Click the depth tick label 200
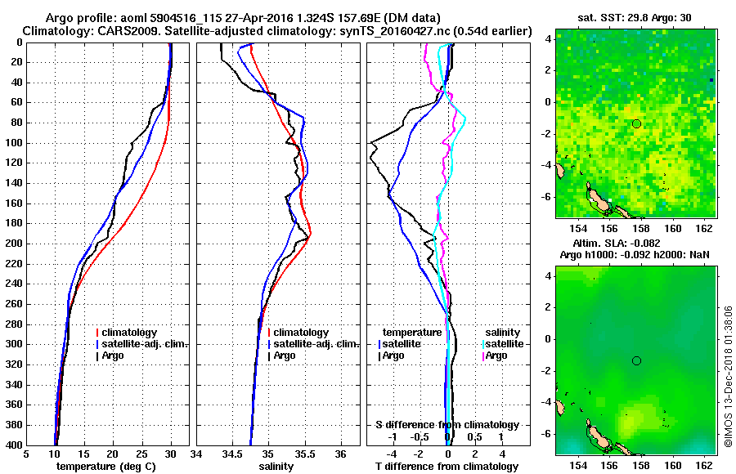pos(14,244)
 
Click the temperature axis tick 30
pos(170,454)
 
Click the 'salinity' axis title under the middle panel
pos(277,466)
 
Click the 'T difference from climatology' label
pos(447,466)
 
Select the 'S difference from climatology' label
pos(447,425)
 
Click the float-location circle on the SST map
pos(636,123)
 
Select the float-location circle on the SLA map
pos(636,360)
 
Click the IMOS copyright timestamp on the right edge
pos(728,377)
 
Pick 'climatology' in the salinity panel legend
pos(301,333)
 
